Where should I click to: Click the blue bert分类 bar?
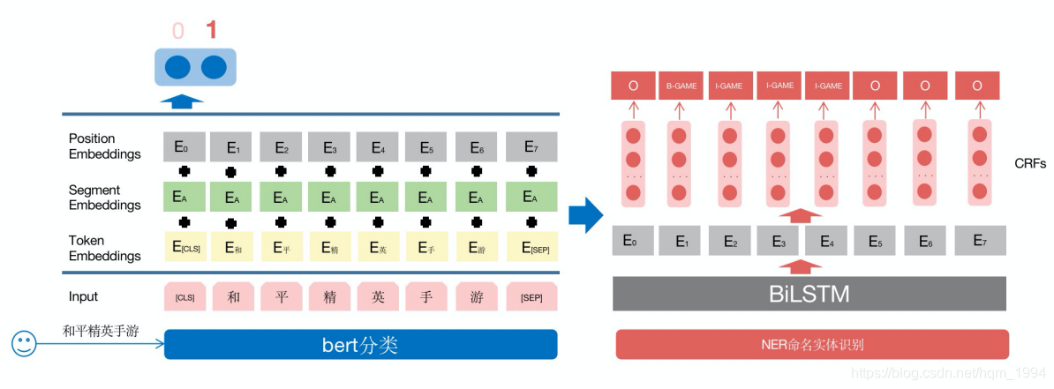point(360,345)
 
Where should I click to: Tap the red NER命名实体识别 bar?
point(811,345)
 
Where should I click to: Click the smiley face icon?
point(25,343)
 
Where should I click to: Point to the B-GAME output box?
point(681,86)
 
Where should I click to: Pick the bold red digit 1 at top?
point(211,31)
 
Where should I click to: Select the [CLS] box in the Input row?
point(185,297)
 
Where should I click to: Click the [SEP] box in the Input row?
point(532,297)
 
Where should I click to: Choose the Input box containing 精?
point(329,297)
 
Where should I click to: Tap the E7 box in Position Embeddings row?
point(531,146)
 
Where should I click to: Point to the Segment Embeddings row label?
point(104,198)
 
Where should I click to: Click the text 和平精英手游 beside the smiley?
point(101,332)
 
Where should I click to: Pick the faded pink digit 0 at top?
point(178,32)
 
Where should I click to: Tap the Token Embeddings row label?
point(104,248)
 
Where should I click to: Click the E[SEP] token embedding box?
point(532,248)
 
